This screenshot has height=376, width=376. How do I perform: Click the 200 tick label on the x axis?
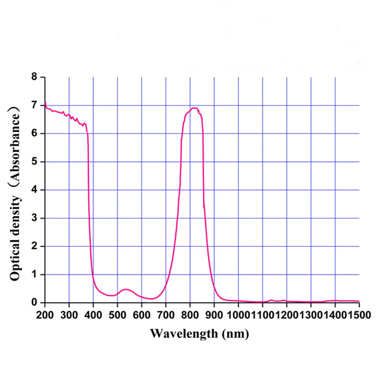click(x=45, y=315)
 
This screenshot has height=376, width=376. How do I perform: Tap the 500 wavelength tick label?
click(x=117, y=315)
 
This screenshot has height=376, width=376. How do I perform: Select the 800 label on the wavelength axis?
click(x=190, y=315)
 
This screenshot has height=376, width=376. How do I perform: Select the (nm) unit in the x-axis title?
click(x=235, y=333)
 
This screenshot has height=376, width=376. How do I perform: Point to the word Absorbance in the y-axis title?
click(x=15, y=144)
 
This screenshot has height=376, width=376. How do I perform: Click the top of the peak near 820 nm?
click(x=195, y=108)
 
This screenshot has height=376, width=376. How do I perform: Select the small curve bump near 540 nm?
click(x=125, y=289)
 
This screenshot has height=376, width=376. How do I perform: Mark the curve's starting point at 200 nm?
click(x=45, y=102)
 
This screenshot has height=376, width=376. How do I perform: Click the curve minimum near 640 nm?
click(x=151, y=299)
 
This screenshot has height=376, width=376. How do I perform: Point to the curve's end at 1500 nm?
click(x=359, y=301)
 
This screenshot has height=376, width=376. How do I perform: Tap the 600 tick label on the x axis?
click(x=142, y=315)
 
